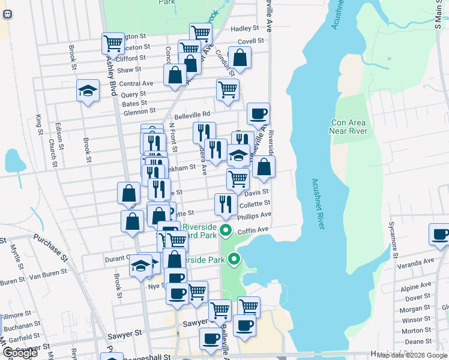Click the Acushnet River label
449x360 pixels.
(318, 203)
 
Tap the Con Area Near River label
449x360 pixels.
(348, 127)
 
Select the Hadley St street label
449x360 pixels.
(244, 28)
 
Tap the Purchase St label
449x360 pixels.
(50, 247)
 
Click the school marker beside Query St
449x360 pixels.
(88, 91)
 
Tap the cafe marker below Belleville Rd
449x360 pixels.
(258, 114)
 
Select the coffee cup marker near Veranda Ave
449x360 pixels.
(440, 235)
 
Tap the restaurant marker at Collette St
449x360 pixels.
(225, 205)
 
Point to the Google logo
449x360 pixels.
(20, 353)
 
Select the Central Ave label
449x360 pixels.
(136, 83)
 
